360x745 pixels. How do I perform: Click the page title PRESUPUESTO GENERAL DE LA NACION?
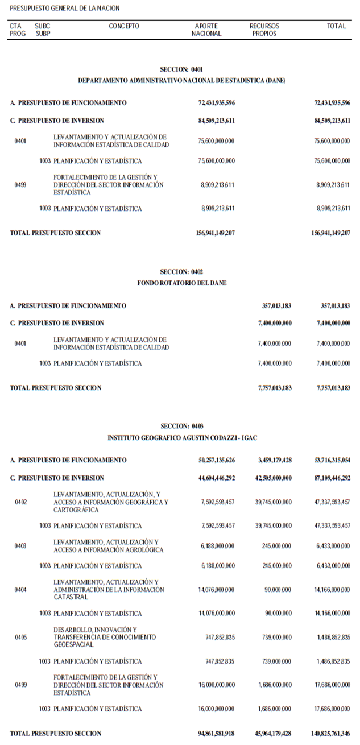point(65,9)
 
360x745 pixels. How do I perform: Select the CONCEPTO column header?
point(124,26)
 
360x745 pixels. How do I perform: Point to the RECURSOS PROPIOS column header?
point(264,30)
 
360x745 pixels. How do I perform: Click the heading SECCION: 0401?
point(181,69)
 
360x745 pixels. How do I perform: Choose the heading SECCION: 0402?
point(181,272)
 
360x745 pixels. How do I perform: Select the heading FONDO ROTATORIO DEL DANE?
point(181,283)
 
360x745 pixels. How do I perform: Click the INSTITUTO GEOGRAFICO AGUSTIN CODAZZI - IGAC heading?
point(181,437)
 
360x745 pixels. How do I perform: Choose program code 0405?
point(20,638)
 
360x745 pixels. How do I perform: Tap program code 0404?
point(20,590)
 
